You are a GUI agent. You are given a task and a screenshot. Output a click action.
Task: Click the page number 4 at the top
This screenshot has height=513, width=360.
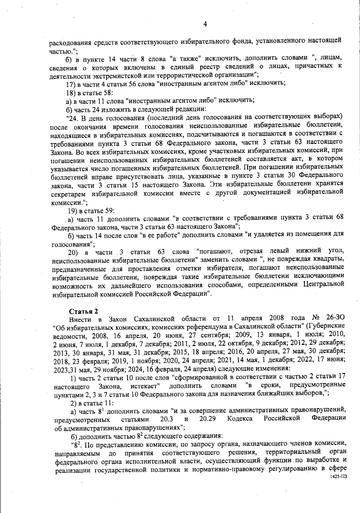[205, 25]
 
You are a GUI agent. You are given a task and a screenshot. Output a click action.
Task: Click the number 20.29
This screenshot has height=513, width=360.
[208, 418]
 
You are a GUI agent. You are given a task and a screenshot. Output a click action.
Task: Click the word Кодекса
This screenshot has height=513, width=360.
[240, 418]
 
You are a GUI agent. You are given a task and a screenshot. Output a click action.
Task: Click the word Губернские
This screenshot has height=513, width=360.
[328, 326]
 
